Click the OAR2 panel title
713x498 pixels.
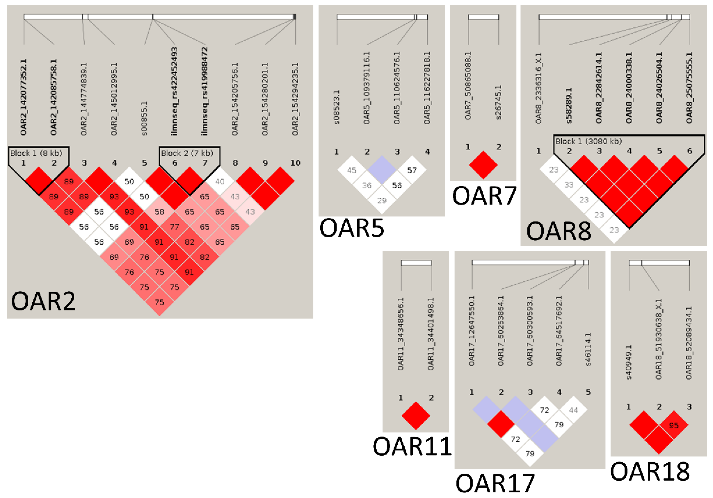[43, 301]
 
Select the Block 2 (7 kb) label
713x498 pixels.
[187, 153]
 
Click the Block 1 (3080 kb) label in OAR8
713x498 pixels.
[588, 142]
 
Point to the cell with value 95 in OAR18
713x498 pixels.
[674, 425]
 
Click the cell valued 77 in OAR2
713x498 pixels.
[174, 227]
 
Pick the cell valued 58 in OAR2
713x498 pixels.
[159, 212]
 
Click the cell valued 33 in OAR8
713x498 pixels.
[569, 185]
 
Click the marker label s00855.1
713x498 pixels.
[144, 118]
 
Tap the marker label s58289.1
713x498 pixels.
[569, 106]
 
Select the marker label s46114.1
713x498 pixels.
[588, 349]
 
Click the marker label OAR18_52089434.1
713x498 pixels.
[689, 343]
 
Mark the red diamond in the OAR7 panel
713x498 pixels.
[483, 165]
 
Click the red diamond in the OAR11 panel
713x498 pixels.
[416, 416]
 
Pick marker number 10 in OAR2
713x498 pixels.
[295, 163]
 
